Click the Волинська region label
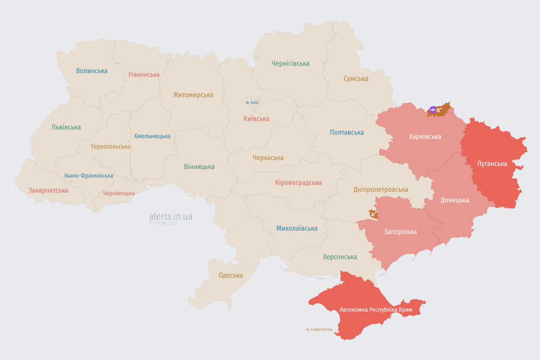pos(92,71)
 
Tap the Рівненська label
pos(144,75)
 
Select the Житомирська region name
pos(193,95)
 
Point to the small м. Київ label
pos(252,102)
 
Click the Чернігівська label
pos(290,63)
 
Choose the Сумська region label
pos(356,79)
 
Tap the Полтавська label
pos(347,132)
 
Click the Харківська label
pos(425,136)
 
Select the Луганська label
pos(492,164)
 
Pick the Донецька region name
pos(455,200)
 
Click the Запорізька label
pos(400,232)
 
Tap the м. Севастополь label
pos(319,329)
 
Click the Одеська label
pos(231,275)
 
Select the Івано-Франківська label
pos(89,176)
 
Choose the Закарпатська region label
pos(48,190)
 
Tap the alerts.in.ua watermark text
pos(170,217)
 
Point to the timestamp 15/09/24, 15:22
pos(163,224)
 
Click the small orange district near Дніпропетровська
pos(374,214)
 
